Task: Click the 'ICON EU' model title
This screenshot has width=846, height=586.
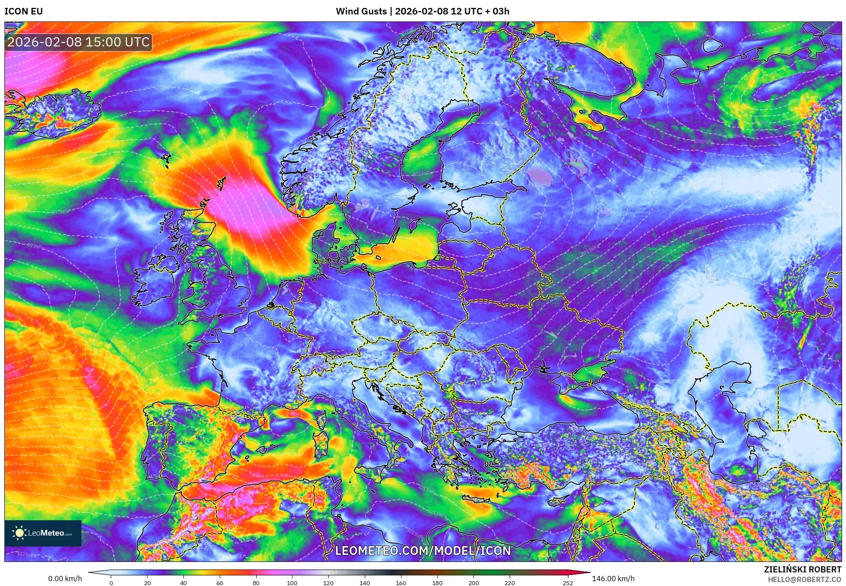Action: pyautogui.click(x=24, y=11)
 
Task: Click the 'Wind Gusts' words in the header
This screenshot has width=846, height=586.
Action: pyautogui.click(x=361, y=11)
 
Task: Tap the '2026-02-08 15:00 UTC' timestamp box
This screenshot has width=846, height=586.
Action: pyautogui.click(x=79, y=42)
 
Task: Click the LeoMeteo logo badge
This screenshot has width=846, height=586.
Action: pyautogui.click(x=43, y=533)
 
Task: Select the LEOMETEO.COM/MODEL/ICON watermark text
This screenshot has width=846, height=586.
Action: pyautogui.click(x=423, y=550)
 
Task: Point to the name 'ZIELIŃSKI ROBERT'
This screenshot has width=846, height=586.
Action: pyautogui.click(x=802, y=569)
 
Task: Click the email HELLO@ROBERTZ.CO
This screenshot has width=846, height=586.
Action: pyautogui.click(x=804, y=579)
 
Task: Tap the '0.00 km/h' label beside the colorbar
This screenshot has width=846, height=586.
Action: pyautogui.click(x=65, y=579)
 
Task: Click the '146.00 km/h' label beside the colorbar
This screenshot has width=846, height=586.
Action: pyautogui.click(x=613, y=579)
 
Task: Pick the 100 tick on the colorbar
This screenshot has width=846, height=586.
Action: pyautogui.click(x=292, y=583)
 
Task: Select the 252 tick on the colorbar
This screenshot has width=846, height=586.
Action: pyautogui.click(x=568, y=583)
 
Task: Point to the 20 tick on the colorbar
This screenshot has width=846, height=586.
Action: pyautogui.click(x=148, y=583)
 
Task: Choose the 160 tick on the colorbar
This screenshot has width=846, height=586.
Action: pyautogui.click(x=401, y=583)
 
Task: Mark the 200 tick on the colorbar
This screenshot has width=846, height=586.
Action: pyautogui.click(x=473, y=583)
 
